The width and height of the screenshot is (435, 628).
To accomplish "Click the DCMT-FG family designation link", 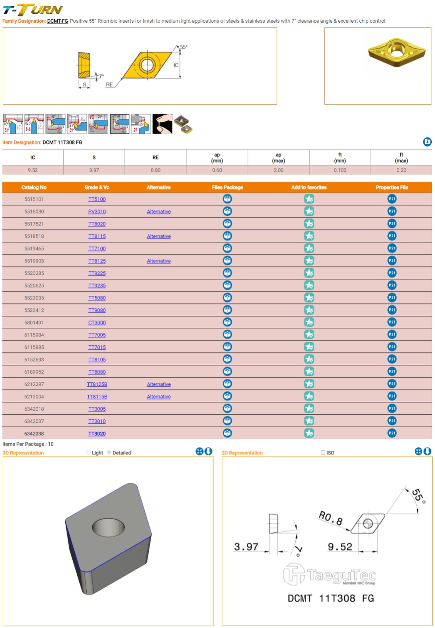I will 57,21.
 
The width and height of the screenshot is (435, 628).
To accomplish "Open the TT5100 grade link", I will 97,200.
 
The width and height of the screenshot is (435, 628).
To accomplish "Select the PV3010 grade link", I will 97,212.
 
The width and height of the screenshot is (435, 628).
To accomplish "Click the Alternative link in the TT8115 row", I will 158,237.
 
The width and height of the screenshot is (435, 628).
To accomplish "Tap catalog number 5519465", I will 34,249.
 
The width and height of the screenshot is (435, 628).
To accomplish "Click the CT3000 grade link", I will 97,323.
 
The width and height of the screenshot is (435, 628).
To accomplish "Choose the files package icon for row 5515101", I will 227,199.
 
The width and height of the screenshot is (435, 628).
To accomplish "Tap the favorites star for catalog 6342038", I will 309,433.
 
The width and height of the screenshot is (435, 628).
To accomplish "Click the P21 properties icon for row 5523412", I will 392,310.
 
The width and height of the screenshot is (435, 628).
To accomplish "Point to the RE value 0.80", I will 156,170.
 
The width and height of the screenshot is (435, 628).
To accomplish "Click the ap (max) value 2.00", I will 279,170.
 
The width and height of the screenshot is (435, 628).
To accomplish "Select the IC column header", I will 33,158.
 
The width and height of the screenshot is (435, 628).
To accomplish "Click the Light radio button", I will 89,452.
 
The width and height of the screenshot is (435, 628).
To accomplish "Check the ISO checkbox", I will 323,452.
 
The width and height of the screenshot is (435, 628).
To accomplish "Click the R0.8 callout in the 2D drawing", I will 330,518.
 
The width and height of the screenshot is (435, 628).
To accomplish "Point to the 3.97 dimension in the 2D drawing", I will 246,547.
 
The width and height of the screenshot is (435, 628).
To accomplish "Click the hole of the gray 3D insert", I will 108,528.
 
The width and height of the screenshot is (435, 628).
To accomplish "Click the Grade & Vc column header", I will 97,188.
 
